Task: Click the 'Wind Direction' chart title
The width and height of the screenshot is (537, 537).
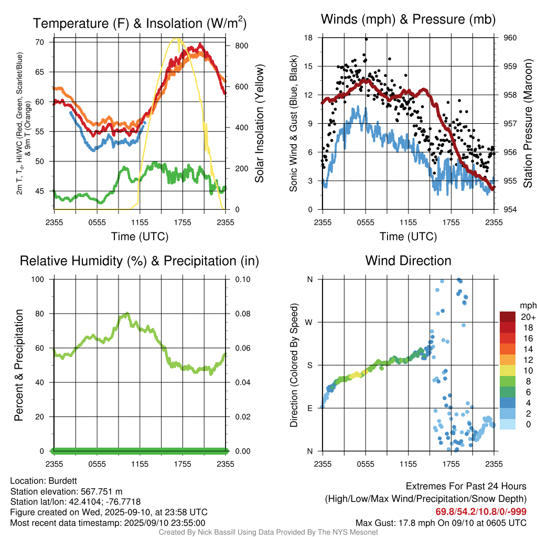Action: pyautogui.click(x=408, y=261)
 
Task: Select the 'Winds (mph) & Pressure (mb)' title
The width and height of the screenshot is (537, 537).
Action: pyautogui.click(x=408, y=20)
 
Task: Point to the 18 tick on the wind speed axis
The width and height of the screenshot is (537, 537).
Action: pyautogui.click(x=309, y=38)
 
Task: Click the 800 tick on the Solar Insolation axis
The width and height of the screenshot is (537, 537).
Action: pyautogui.click(x=241, y=46)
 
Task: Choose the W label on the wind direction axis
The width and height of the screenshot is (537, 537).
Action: pyautogui.click(x=309, y=322)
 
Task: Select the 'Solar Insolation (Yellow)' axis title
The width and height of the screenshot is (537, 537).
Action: pyautogui.click(x=259, y=124)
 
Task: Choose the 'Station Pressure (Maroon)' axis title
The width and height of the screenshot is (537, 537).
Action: pyautogui.click(x=528, y=124)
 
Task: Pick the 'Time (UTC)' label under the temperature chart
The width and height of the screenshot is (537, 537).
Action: pyautogui.click(x=139, y=237)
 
